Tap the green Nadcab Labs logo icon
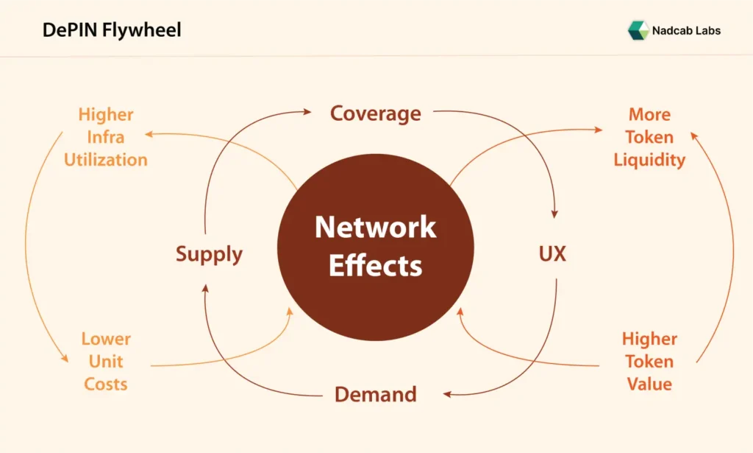point(637,30)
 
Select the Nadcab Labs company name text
point(686,30)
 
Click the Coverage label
point(375,113)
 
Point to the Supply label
point(209,254)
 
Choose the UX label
point(552,254)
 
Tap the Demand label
point(375,394)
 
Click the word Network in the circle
point(375,227)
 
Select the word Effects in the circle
point(375,265)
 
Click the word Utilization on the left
point(106,160)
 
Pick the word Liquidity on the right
point(649,160)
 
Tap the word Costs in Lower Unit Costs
point(106,384)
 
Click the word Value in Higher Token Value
point(649,384)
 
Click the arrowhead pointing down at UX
point(553,214)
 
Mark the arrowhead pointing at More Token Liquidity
point(599,129)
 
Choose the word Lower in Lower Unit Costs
point(106,339)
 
